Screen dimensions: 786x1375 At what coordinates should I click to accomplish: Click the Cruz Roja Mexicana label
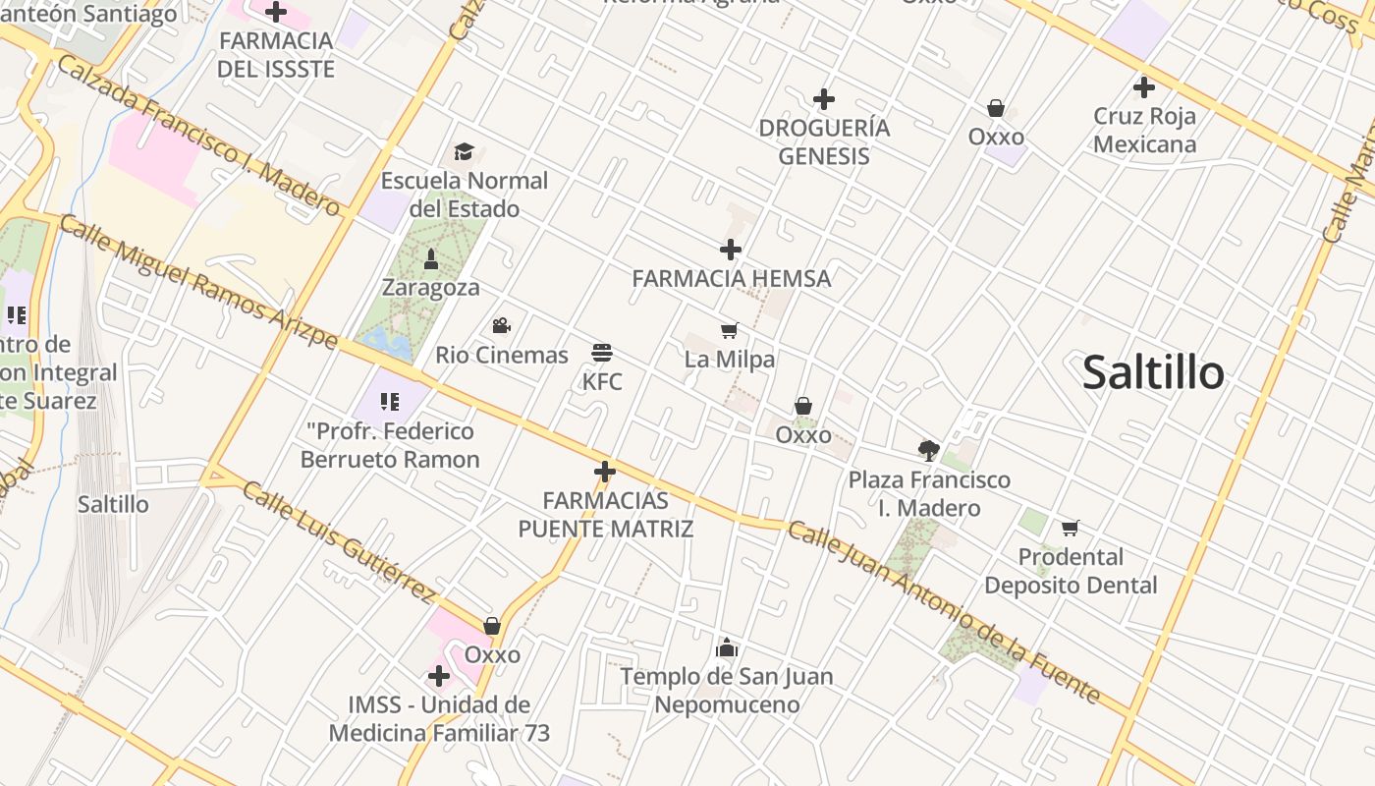point(1144,131)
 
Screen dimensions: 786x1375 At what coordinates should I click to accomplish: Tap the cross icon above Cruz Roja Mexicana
point(1143,87)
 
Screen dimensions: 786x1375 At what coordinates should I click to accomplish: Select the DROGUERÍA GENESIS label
point(824,142)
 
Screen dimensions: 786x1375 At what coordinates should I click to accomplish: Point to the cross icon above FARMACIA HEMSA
point(731,250)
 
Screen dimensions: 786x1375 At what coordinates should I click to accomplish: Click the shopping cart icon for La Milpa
point(729,331)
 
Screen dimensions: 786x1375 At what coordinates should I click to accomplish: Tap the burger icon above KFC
point(602,353)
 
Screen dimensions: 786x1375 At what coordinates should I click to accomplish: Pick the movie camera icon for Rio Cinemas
point(501,326)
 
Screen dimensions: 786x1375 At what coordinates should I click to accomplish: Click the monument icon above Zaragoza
point(430,259)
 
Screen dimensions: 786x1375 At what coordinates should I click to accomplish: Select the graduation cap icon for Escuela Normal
point(464,152)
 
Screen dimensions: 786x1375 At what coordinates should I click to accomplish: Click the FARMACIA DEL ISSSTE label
point(276,55)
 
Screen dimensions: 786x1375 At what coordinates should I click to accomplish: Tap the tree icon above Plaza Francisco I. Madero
point(928,451)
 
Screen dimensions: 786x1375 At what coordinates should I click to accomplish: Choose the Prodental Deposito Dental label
point(1071,571)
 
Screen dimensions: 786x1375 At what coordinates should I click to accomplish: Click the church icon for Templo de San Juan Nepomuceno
point(727,647)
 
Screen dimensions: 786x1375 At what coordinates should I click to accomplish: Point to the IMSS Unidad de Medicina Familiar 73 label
point(439,719)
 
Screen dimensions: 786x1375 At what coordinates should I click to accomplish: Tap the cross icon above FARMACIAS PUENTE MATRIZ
point(605,472)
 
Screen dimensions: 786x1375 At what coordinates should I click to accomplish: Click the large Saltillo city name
point(1153,373)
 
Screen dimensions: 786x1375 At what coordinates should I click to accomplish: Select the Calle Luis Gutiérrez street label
point(338,540)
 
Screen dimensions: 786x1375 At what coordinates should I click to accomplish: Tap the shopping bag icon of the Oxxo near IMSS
point(492,626)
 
